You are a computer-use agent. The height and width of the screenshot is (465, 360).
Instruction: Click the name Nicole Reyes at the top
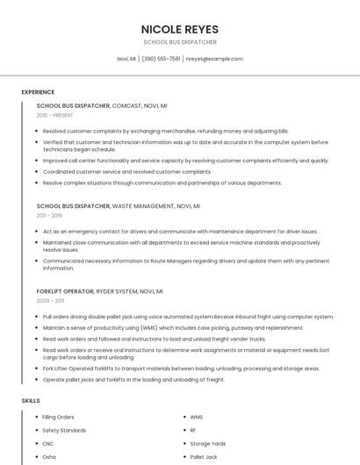coord(179,28)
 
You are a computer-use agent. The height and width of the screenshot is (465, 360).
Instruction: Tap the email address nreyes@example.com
coord(214,59)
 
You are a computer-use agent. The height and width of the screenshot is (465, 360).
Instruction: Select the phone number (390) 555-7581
coord(161,59)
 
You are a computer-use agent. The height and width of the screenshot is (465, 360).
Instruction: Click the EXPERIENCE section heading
coord(38,92)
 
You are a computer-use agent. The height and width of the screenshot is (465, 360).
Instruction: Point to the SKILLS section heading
coord(31,400)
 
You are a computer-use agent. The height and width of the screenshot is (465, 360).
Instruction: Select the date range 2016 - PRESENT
coord(55,115)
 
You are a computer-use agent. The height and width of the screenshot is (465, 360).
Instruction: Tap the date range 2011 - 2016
coord(49,215)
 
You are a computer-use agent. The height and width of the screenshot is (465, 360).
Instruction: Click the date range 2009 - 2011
coord(49,300)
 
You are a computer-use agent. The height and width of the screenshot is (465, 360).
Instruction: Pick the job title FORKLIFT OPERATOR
coord(63,290)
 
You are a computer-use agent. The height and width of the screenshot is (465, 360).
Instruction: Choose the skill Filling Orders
coord(59,418)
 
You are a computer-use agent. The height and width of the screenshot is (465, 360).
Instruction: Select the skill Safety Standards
coord(64,431)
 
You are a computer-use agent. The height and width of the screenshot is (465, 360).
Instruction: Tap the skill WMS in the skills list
coord(197,418)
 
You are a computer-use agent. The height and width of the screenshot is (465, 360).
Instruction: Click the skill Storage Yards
coord(208,444)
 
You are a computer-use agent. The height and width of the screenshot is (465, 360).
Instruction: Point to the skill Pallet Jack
coord(204,457)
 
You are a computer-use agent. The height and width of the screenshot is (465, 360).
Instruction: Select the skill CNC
coord(48,444)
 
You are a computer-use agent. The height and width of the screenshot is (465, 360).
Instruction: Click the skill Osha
coord(49,457)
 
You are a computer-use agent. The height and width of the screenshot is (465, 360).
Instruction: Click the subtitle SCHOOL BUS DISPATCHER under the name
coord(179,42)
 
